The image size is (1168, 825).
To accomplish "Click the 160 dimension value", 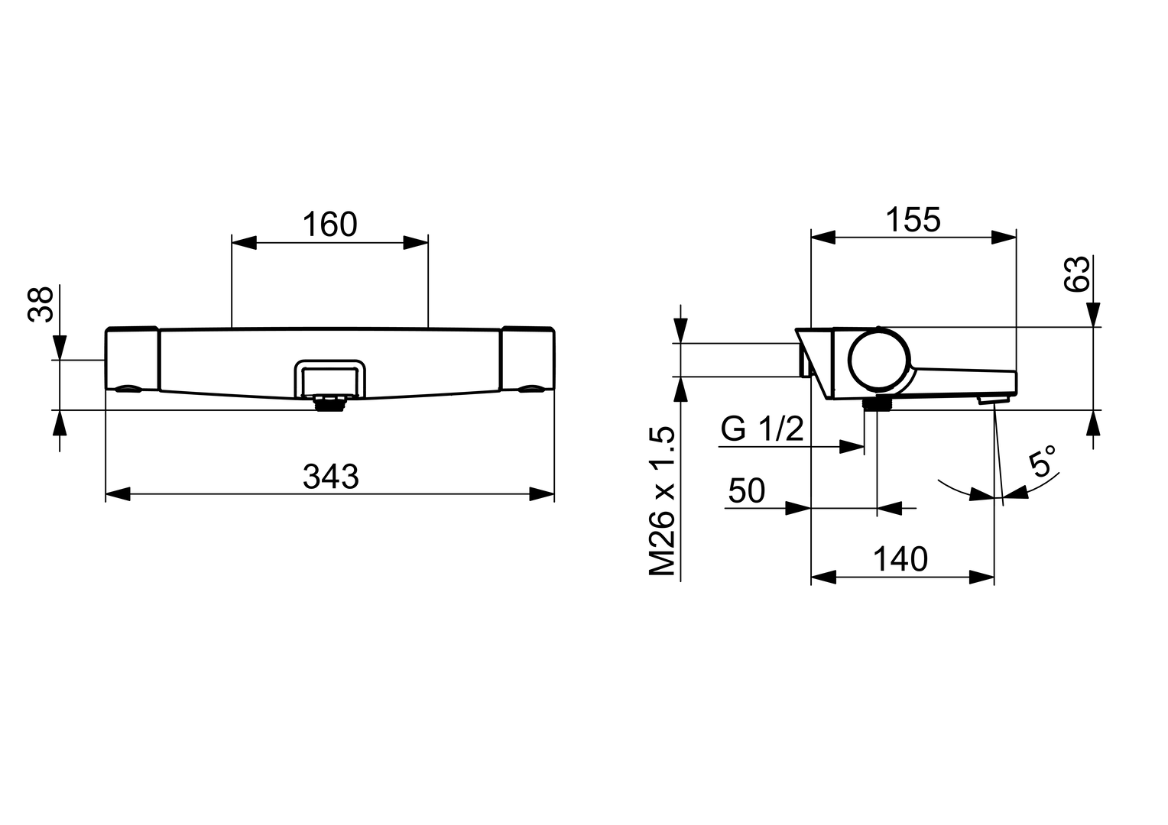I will click(x=329, y=225).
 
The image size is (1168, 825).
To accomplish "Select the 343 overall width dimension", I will click(x=330, y=477).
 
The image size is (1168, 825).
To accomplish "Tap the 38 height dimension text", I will click(x=41, y=304).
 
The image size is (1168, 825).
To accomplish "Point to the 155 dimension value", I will click(x=913, y=220).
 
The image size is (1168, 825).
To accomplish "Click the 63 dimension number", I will click(x=1076, y=273).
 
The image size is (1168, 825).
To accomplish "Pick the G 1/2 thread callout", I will click(x=762, y=429).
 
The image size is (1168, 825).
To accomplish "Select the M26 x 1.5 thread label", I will click(x=663, y=501).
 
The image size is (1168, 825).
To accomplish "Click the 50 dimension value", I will click(x=746, y=491).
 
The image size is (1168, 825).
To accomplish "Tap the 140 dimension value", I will click(x=900, y=559).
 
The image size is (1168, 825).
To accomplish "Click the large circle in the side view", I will click(x=879, y=361).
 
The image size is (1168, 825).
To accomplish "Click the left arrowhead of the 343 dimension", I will click(x=117, y=495).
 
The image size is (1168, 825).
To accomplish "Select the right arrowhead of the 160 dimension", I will click(x=416, y=243).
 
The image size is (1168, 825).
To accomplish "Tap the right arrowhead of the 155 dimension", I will click(x=1004, y=238).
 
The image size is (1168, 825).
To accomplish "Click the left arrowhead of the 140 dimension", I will click(x=822, y=577).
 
